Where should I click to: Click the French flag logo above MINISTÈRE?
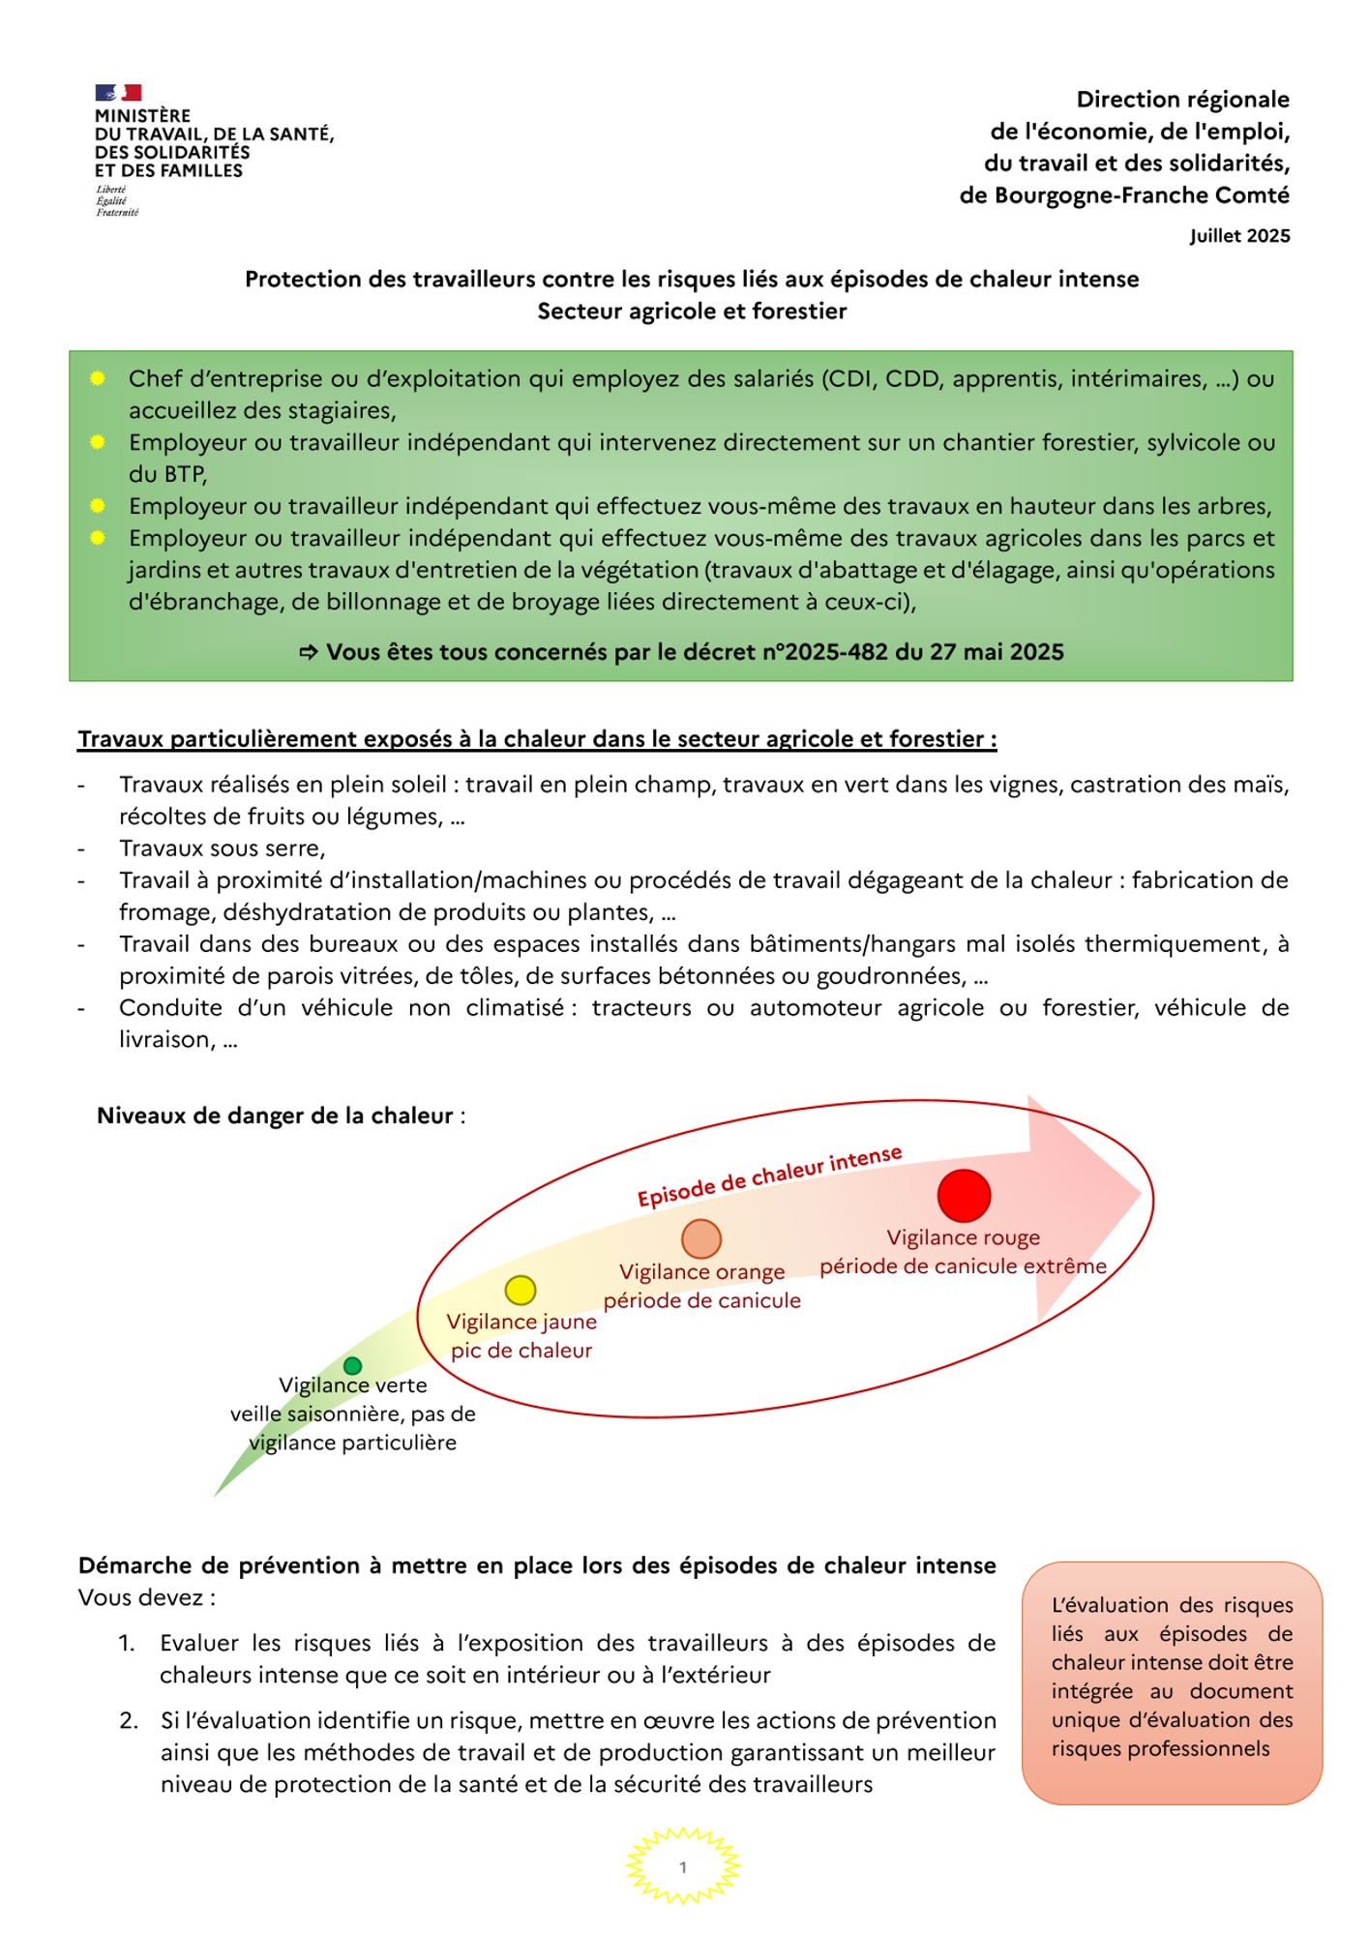118,93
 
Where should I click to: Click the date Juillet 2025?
1239,236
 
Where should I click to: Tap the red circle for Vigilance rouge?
964,1196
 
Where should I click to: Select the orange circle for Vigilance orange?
701,1239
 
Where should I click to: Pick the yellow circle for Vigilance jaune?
521,1290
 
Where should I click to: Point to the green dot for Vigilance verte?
353,1366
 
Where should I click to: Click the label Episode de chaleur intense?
769,1176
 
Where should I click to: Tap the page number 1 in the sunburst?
683,1867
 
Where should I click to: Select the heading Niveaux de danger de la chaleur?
275,1116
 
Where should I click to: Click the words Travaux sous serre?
222,848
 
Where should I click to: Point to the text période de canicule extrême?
963,1266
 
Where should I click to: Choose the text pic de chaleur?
521,1351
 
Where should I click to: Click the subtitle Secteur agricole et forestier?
692,312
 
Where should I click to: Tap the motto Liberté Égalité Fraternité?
117,201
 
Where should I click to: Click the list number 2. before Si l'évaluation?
129,1720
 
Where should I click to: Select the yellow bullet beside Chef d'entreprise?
98,378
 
